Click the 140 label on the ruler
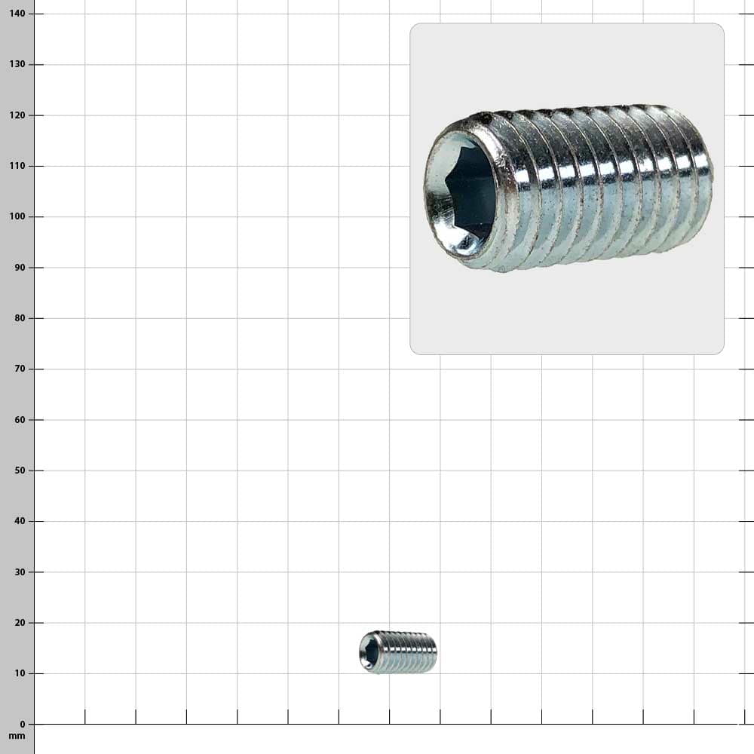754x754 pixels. pos(17,14)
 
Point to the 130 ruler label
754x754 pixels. pos(17,64)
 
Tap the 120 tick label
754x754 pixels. pos(17,115)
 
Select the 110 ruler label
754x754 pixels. pos(17,166)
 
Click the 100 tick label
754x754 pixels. pos(17,216)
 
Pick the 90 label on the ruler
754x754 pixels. pos(20,268)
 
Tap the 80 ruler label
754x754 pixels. pos(20,318)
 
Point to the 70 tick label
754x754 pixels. pos(20,369)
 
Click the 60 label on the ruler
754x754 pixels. pos(20,419)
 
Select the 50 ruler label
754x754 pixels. pos(20,470)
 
